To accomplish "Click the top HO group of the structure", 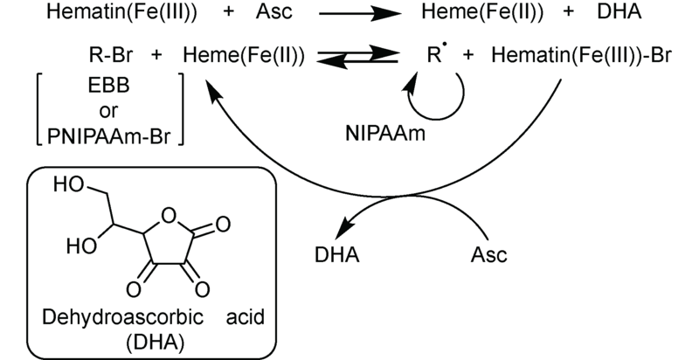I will tap(67, 185).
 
